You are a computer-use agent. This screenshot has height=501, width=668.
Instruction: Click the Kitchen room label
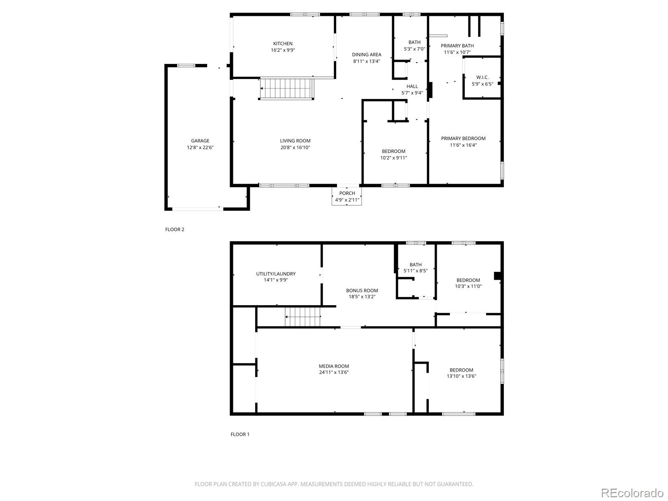tap(283, 43)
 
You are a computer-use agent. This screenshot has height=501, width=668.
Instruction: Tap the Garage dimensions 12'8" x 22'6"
tap(200, 147)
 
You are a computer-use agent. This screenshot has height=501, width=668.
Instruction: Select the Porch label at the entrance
tap(347, 193)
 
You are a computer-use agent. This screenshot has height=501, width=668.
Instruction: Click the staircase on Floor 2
tap(287, 89)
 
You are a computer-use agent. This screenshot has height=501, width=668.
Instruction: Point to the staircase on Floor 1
tap(303, 316)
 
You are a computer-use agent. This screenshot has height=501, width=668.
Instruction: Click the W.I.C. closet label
tap(482, 77)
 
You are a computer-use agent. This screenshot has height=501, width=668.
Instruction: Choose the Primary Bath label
tap(457, 46)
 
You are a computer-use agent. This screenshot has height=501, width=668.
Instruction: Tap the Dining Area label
tap(367, 54)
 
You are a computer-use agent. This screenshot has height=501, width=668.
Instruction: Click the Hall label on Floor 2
tap(412, 86)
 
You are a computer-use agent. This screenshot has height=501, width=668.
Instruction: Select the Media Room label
tap(334, 366)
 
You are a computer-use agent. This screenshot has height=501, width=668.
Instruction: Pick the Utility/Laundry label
tap(276, 274)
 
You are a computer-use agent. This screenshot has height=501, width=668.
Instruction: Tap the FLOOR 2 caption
tap(175, 229)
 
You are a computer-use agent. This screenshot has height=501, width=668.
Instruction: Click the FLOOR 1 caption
tap(240, 434)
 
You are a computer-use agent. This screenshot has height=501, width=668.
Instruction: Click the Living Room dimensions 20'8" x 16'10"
tap(295, 147)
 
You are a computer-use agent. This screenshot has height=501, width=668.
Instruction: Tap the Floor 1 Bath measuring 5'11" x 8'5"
tap(415, 268)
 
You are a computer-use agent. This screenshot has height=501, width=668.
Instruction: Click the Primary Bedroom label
tap(463, 138)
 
